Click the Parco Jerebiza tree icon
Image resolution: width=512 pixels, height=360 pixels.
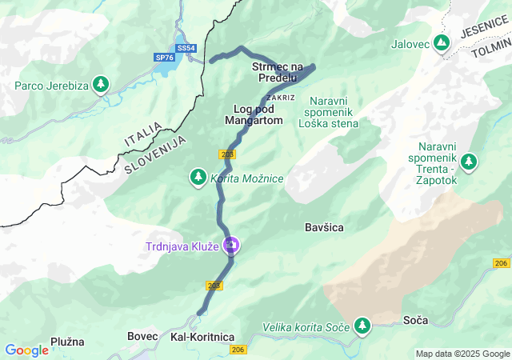(100, 83)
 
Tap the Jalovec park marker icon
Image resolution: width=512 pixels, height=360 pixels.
(442, 42)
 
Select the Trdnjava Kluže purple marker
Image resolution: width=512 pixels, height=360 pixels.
(230, 245)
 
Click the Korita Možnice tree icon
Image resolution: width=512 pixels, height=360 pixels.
(198, 176)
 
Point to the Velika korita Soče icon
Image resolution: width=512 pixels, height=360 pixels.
(363, 325)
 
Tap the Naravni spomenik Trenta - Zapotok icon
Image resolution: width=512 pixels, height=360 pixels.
(468, 162)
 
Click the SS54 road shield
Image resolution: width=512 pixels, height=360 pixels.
(186, 49)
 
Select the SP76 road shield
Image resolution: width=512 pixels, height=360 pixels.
(164, 58)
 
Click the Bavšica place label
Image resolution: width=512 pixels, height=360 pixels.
(324, 228)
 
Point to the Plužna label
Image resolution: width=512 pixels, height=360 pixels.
(67, 342)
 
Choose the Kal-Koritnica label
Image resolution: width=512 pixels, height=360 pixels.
(202, 338)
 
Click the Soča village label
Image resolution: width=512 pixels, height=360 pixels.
(416, 320)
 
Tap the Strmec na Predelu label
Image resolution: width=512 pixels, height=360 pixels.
(278, 72)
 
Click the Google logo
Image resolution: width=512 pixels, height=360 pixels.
(26, 350)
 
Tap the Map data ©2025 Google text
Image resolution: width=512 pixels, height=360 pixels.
(462, 354)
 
